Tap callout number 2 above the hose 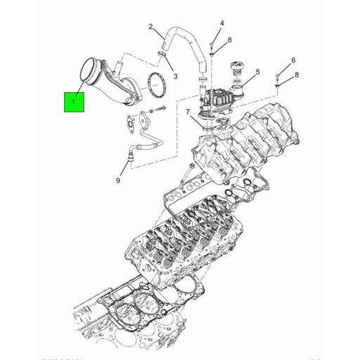150,27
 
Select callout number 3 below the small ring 175,76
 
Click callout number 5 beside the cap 258,72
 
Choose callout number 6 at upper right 293,60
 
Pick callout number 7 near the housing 188,112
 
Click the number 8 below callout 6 297,75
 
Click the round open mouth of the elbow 94,72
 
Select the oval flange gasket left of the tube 130,122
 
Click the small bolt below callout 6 281,81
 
